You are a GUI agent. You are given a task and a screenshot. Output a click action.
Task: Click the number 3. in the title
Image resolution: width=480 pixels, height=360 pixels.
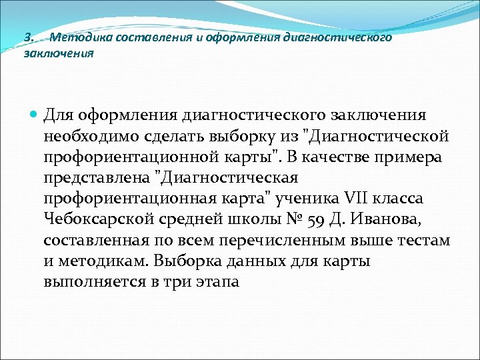[29, 38]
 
